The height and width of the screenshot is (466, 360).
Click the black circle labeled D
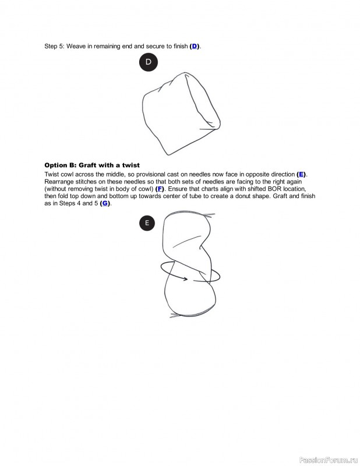pos(149,62)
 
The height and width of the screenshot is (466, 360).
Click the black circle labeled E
pos(147,223)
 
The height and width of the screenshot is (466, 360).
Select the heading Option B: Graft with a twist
pos(92,165)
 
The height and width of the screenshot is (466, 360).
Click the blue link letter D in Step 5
pos(195,46)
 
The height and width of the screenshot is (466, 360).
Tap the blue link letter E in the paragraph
pos(301,174)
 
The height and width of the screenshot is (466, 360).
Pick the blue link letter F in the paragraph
pos(160,189)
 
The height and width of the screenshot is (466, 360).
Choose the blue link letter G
pos(105,203)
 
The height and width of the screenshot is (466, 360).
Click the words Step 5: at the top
pos(54,46)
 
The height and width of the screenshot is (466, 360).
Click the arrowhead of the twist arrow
pos(186,279)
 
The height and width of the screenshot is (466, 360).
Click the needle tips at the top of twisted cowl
pos(208,214)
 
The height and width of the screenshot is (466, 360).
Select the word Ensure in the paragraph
pos(179,189)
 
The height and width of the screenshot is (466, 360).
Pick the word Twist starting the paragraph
pos(53,174)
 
